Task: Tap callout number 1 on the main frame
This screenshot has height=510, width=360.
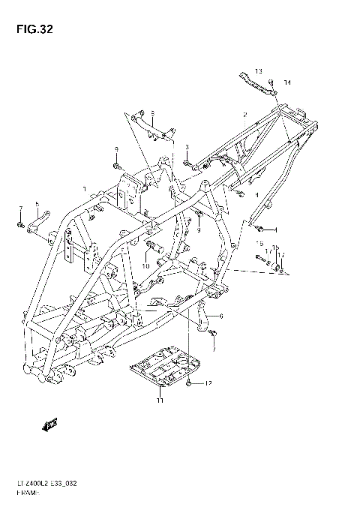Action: tap(85, 188)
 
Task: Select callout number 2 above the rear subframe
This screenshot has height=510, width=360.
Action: tap(245, 114)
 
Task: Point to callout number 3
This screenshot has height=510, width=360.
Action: tap(167, 147)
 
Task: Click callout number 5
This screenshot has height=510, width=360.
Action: tap(37, 204)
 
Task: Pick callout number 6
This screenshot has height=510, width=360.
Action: tap(222, 316)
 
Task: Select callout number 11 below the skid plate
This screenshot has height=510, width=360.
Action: tap(159, 401)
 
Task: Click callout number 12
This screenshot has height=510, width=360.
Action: tap(209, 383)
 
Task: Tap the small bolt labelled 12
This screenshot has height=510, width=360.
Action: tap(190, 383)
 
